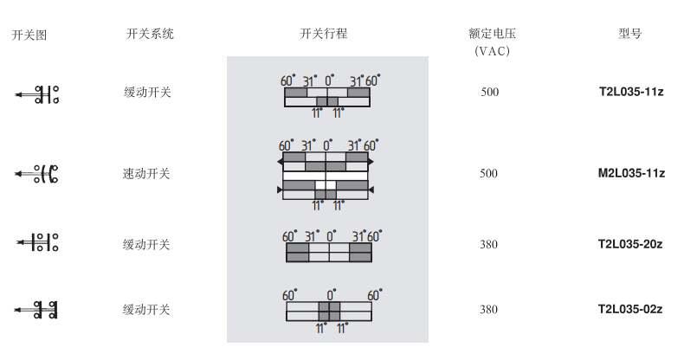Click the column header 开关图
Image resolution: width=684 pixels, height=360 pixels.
29,35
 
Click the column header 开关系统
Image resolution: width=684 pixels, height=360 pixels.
150,34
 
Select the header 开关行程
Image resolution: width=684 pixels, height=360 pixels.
323,34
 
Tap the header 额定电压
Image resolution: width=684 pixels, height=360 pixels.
492,34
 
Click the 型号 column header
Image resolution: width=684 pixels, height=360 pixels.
630,34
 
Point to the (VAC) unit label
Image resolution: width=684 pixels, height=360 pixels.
492,51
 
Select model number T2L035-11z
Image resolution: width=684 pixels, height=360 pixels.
631,92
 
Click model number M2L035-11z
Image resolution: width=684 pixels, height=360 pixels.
631,173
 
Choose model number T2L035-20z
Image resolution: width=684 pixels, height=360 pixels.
630,244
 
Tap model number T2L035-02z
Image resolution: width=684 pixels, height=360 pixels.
630,310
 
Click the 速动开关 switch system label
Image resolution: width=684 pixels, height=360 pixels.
146,173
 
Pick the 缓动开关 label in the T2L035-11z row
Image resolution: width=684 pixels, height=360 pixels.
147,93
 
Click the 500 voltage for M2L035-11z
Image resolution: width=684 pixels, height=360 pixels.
488,173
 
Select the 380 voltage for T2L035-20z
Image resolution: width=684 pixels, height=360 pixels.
488,245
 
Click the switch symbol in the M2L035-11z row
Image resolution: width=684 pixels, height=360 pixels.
36,174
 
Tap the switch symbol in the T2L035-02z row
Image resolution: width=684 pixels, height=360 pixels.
35,310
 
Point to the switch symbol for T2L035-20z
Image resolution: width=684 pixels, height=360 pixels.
37,242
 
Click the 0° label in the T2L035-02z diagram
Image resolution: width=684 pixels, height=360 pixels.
331,294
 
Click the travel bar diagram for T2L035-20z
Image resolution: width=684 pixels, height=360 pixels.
329,253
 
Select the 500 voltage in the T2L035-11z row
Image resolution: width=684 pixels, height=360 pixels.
489,92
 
